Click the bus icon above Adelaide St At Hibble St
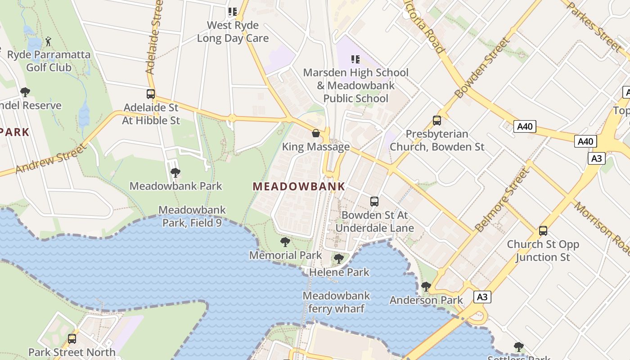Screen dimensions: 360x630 pos(151,94)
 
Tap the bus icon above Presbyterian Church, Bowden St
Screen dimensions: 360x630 pos(436,120)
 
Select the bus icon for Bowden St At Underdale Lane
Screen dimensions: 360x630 pos(374,201)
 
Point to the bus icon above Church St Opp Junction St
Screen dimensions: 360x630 pos(543,231)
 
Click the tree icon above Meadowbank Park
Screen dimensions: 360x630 pos(175,172)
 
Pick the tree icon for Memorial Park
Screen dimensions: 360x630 pos(285,242)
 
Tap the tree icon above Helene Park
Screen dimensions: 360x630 pos(339,259)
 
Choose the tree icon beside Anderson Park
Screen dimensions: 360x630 pos(426,286)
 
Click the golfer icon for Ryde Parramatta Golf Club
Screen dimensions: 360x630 pos(48,42)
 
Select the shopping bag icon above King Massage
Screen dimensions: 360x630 pos(316,133)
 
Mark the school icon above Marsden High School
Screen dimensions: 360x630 pos(355,59)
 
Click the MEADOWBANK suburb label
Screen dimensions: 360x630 pos(299,186)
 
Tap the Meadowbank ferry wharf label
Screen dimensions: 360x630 pos(336,302)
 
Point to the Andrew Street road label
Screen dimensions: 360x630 pos(50,158)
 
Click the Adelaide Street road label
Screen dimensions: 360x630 pos(154,37)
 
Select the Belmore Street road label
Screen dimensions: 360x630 pos(503,200)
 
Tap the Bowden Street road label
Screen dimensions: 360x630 pos(483,68)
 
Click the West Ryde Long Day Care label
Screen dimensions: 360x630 pos(233,31)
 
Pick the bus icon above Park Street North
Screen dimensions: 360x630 pos(72,338)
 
